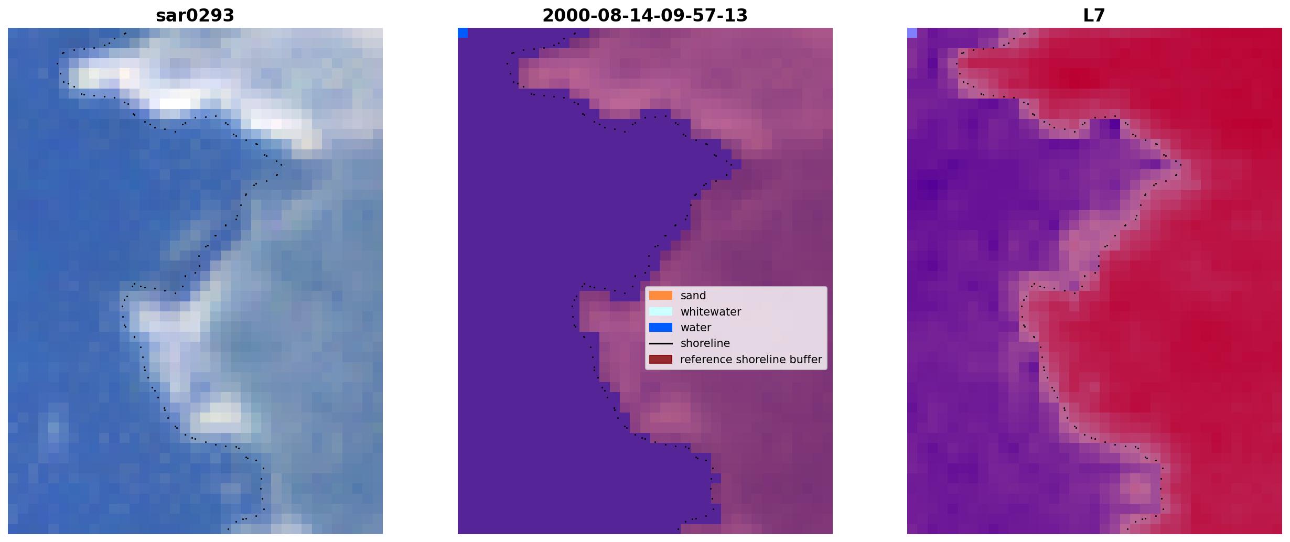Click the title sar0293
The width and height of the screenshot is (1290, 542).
tap(195, 16)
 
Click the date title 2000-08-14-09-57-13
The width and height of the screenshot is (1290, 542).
tap(645, 16)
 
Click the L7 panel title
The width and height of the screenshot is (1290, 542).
tap(1094, 16)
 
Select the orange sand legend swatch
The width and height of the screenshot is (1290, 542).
tap(661, 296)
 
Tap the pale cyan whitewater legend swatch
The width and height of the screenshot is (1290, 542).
tap(661, 311)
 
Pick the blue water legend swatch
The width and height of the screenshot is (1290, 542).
tap(661, 328)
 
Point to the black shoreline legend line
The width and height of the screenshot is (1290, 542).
tap(661, 343)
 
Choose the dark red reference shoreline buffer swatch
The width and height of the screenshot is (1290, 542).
tap(661, 360)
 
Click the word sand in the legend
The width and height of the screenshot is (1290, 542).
tap(693, 296)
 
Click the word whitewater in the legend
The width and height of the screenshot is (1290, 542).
tap(711, 312)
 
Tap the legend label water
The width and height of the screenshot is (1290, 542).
tap(696, 328)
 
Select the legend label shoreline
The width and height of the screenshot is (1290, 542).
tap(705, 343)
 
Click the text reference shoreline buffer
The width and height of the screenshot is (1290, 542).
tap(751, 360)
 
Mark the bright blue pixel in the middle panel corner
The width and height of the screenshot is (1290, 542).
tap(463, 33)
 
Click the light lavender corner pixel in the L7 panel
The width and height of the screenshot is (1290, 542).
tap(912, 33)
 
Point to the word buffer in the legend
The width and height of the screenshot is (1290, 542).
tap(806, 360)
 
